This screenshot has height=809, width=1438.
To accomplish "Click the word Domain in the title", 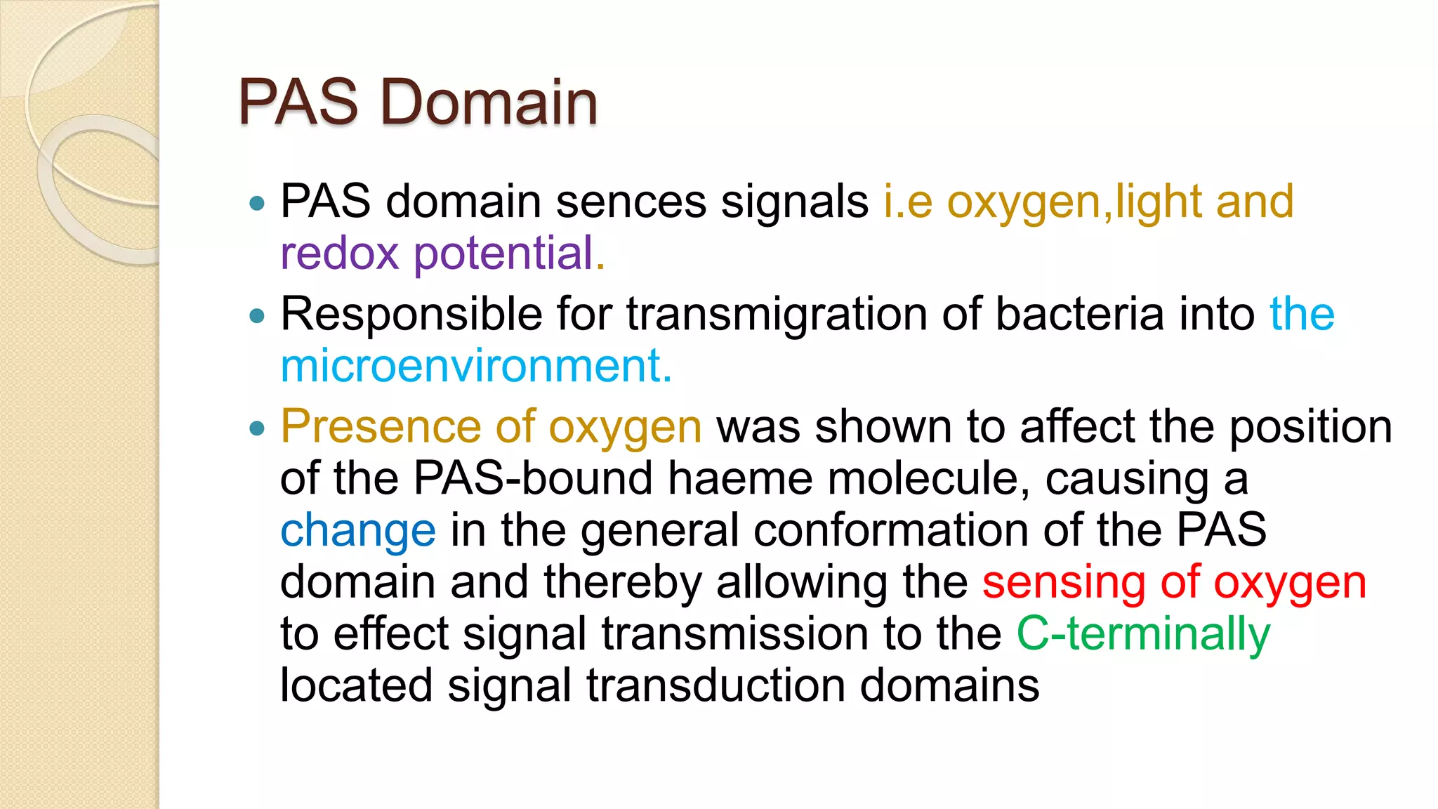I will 489,103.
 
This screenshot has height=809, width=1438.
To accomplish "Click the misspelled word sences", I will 631,202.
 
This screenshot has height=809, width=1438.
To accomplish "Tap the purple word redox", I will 339,254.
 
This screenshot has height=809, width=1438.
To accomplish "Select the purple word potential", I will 503,254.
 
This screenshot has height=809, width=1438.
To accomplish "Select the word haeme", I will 739,478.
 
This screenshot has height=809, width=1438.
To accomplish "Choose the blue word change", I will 358,530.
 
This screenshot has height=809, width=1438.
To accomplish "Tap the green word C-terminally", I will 1143,634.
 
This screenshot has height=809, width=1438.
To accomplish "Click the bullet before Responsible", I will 258,317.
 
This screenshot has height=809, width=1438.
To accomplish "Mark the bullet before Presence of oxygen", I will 258,428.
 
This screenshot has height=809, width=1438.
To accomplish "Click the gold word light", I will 1159,202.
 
